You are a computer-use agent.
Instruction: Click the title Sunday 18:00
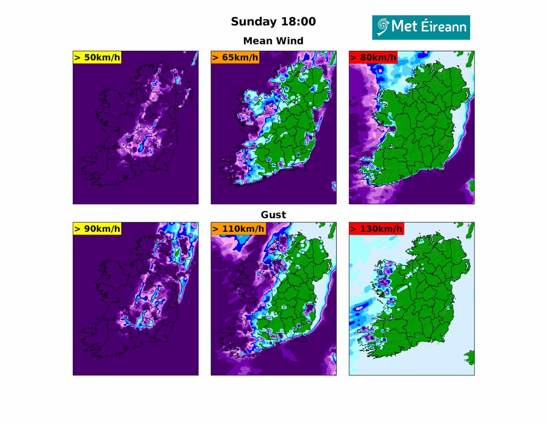tap(273, 21)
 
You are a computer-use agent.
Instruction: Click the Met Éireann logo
tap(421, 27)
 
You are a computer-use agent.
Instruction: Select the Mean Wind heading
tap(273, 41)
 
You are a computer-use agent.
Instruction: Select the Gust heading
tap(273, 215)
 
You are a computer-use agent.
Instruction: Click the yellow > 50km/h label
tap(97, 57)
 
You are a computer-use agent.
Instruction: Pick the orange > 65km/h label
tap(235, 57)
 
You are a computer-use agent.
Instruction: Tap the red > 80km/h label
tap(373, 57)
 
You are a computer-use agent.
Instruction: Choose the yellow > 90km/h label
tap(97, 229)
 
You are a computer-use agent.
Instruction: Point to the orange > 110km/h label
tap(238, 229)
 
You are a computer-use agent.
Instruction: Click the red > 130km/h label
tap(376, 229)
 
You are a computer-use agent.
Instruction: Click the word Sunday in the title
tap(252, 21)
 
